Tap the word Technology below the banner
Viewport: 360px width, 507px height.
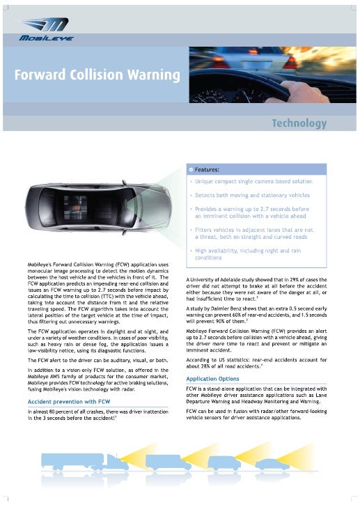[x=299, y=123]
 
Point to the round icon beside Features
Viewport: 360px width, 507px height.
[x=190, y=170]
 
